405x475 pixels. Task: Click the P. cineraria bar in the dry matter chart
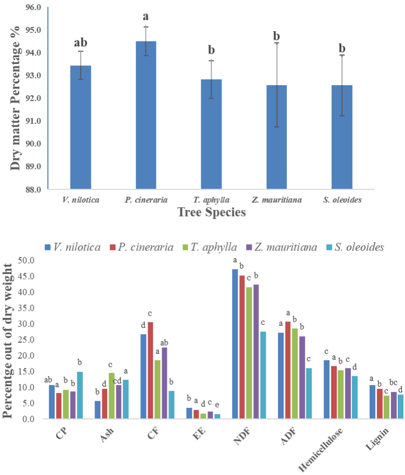146,115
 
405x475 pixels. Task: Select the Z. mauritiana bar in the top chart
277,137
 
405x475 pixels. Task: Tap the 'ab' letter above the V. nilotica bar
81,43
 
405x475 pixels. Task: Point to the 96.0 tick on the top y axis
34,7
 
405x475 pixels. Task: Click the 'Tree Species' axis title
212,212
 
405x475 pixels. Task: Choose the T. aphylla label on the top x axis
211,200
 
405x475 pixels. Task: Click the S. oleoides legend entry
355,247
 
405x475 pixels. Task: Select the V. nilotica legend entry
73,247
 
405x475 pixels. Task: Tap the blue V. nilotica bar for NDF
235,344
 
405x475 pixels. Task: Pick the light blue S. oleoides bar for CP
80,395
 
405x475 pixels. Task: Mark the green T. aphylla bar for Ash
112,395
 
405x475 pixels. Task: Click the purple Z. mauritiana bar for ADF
302,377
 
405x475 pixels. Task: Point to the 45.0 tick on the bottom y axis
27,276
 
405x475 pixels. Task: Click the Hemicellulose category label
321,450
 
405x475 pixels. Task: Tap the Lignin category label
377,439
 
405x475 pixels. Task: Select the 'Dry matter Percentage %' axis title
15,98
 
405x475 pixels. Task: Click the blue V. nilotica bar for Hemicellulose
326,389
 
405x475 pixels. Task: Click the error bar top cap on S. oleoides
342,55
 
